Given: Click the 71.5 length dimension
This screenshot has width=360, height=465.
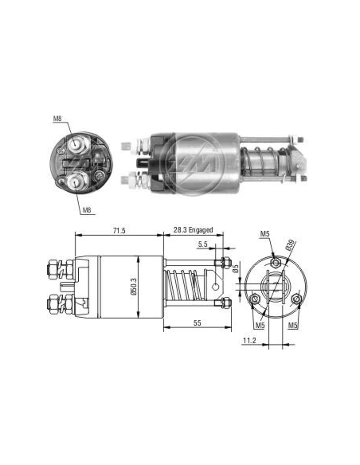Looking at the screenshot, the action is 119,230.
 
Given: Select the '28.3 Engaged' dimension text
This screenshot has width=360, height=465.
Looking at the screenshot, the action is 193,230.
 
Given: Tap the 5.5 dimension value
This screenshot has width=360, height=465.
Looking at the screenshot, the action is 202,244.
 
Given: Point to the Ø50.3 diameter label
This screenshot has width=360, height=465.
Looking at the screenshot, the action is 133,287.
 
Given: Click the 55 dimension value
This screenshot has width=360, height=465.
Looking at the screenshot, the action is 197,323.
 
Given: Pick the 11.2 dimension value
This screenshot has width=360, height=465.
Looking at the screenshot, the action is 249,341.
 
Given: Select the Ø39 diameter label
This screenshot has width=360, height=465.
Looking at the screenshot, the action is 291,245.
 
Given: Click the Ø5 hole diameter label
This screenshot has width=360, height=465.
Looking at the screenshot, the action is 236,268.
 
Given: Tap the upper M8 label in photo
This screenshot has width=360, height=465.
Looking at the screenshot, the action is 57,119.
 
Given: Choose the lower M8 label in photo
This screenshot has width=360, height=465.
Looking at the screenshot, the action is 87,210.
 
